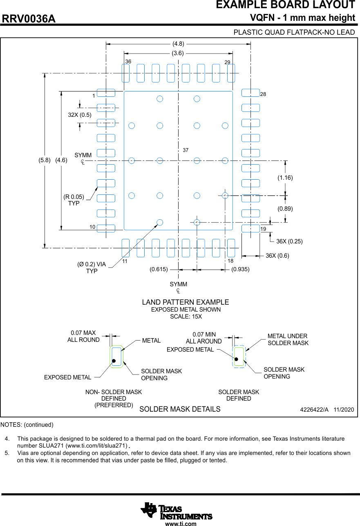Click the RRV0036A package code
(x=29, y=19)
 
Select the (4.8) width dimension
(x=178, y=43)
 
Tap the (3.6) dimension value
(x=178, y=53)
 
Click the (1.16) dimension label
(x=285, y=178)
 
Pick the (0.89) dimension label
(x=285, y=209)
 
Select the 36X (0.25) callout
(x=289, y=241)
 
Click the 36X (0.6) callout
(x=277, y=256)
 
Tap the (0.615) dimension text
(x=159, y=270)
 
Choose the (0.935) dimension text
(x=240, y=270)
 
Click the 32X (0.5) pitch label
(x=80, y=115)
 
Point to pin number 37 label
(x=186, y=150)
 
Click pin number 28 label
(x=263, y=94)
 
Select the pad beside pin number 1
(x=106, y=93)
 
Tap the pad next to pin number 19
(x=250, y=228)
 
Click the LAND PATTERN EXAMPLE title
(x=186, y=302)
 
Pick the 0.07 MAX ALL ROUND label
(x=83, y=336)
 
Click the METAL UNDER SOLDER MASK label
(x=288, y=339)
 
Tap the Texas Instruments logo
(x=177, y=510)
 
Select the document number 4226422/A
(x=314, y=409)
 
